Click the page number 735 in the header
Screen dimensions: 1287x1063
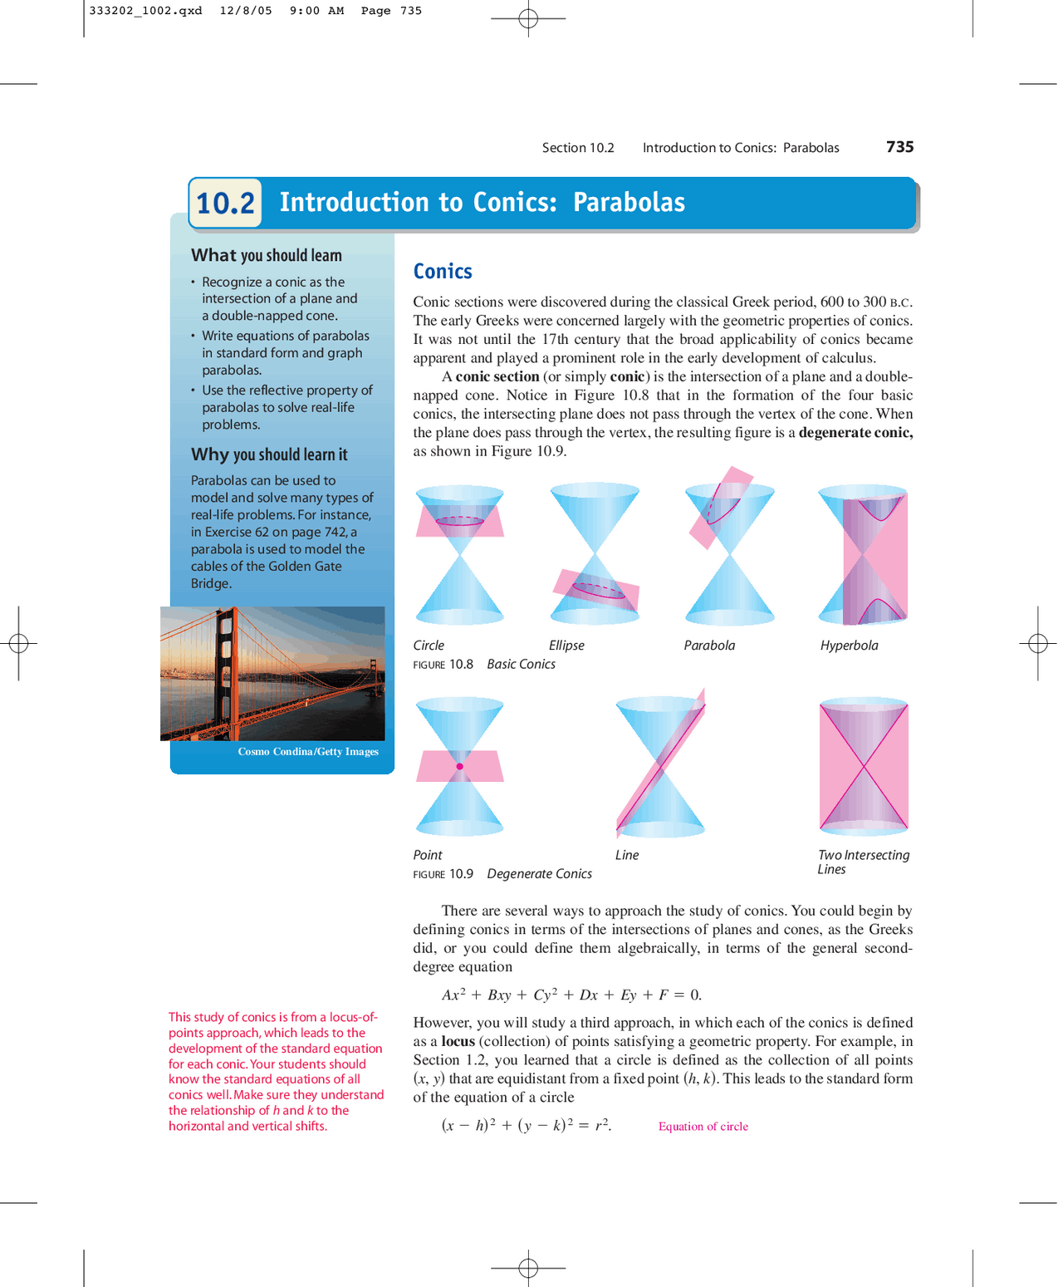[899, 147]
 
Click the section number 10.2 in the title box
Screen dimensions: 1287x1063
[225, 203]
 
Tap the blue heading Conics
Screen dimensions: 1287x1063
[443, 272]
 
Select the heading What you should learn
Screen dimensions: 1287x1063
[266, 256]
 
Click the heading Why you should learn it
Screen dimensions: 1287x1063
[269, 454]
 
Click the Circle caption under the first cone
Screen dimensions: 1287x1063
[429, 646]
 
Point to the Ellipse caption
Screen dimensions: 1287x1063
[566, 646]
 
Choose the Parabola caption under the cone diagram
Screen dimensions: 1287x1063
[709, 646]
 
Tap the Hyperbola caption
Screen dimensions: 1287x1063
[849, 646]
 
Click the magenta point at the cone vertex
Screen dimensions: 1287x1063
[459, 766]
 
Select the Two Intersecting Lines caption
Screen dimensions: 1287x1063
[863, 862]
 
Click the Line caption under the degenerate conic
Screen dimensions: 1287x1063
[627, 855]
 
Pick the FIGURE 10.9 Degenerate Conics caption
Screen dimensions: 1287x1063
[502, 874]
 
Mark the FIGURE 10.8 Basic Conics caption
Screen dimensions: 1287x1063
[484, 665]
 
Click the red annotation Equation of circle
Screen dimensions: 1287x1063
[703, 1127]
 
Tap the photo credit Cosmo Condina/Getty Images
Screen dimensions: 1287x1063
[308, 752]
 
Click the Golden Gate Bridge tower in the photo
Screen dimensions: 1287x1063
[226, 665]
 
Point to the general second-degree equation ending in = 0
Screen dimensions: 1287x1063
[571, 995]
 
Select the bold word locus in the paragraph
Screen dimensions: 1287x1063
[458, 1041]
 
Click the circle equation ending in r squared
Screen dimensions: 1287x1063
[526, 1126]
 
